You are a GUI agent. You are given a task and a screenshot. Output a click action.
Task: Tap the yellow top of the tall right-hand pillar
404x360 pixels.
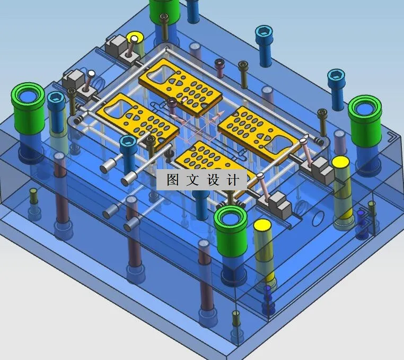coord(340,162)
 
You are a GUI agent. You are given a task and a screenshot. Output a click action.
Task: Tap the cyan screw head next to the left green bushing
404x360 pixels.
coord(56,99)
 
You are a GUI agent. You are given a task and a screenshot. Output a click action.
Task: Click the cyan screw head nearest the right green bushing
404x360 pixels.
coord(335,76)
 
